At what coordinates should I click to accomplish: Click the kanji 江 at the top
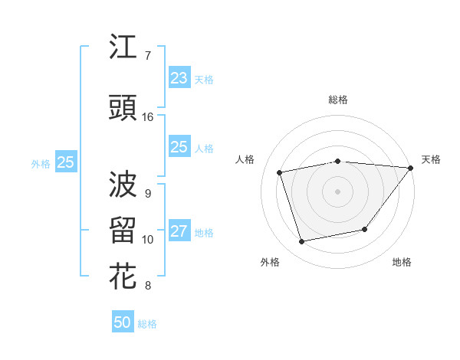(x=123, y=47)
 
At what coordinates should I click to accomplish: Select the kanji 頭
(x=123, y=108)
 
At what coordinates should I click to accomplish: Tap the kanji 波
(x=123, y=184)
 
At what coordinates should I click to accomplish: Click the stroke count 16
(x=148, y=117)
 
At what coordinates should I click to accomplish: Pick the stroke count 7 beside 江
(x=147, y=56)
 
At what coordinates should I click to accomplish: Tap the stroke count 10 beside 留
(x=148, y=240)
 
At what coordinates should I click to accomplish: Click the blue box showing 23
(x=179, y=77)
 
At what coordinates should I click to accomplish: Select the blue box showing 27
(x=179, y=231)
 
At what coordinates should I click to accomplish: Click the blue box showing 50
(x=123, y=322)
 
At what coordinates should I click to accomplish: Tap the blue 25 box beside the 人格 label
(x=179, y=147)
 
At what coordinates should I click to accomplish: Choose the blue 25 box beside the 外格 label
(x=65, y=162)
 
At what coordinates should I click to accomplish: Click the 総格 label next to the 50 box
(x=147, y=324)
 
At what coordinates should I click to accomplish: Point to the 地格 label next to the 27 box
(x=204, y=233)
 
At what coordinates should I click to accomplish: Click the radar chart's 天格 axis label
(x=431, y=159)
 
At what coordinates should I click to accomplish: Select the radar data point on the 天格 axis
(x=410, y=168)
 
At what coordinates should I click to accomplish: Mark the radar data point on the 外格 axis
(x=302, y=241)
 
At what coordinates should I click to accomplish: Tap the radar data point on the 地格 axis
(x=365, y=229)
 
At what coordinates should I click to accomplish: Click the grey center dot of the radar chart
(x=337, y=191)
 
